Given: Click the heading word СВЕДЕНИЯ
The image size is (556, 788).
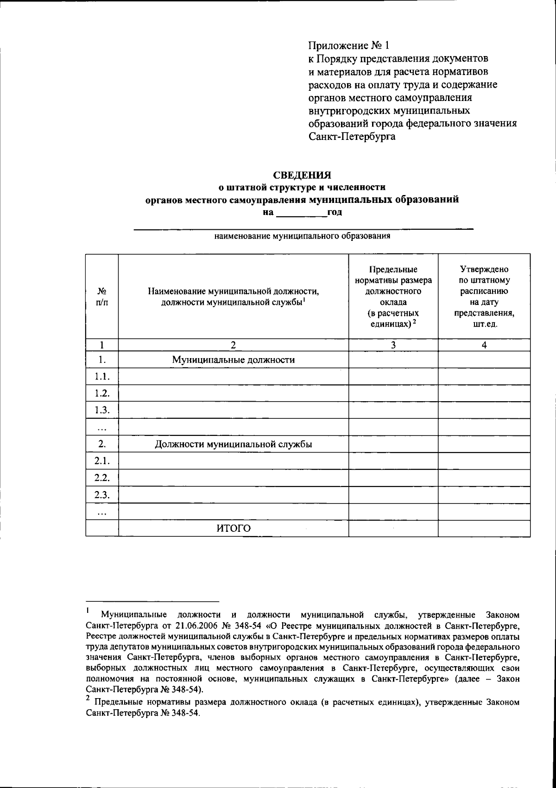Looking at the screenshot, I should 302,175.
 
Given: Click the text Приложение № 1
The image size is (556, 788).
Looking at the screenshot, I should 349,45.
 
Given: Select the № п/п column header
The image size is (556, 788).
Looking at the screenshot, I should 102,296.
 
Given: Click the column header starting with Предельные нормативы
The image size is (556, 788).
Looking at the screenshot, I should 393,296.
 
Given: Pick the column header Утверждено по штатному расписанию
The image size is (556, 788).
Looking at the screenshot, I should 484,296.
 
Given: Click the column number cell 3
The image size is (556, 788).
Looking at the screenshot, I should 393,345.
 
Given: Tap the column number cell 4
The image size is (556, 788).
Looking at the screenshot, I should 484,345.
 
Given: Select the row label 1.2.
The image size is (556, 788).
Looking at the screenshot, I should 102,393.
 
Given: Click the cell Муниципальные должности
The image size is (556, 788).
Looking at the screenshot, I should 233,360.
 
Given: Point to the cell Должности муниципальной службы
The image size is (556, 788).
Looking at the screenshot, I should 233,444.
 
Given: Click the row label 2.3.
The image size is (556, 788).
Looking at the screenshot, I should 102,495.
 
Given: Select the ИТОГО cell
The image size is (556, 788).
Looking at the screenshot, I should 233,529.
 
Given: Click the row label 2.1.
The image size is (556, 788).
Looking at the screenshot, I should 102,461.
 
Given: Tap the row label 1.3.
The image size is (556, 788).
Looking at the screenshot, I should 102,410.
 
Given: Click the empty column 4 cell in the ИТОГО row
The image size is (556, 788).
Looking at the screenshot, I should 484,529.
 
